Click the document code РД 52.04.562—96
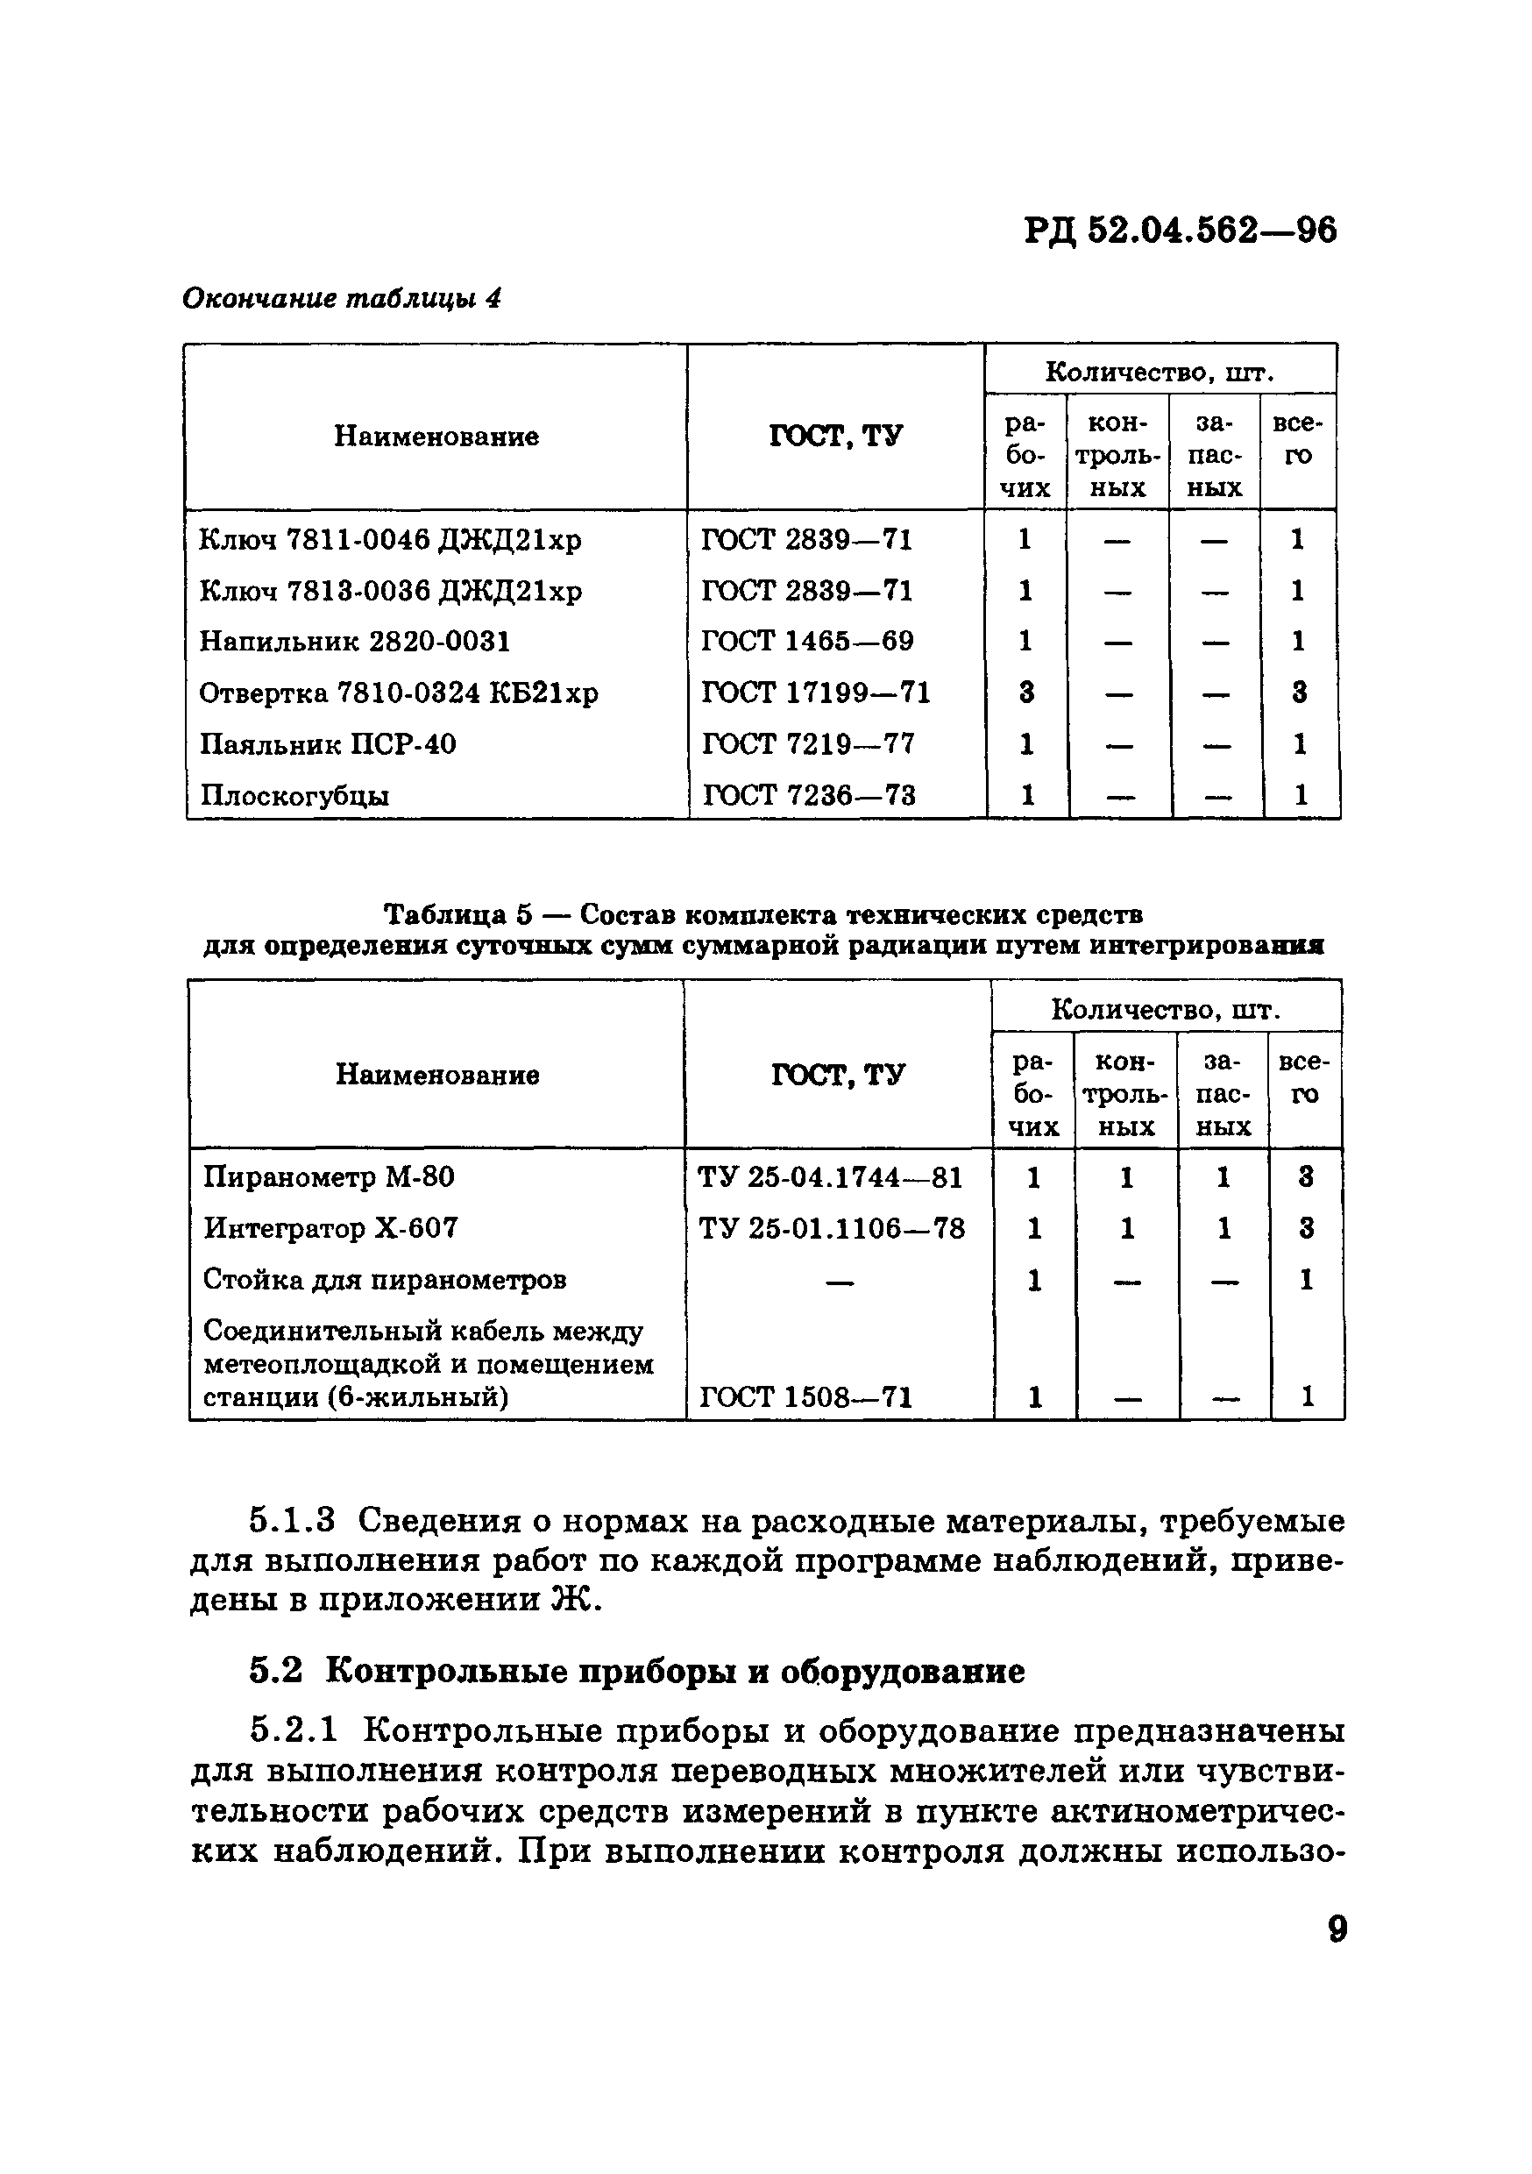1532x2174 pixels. [1180, 230]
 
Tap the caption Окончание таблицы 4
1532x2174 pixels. [341, 299]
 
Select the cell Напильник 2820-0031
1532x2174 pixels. [355, 642]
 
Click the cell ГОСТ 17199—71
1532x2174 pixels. [815, 693]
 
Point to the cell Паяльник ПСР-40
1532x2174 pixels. [328, 744]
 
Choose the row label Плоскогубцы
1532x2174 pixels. [294, 795]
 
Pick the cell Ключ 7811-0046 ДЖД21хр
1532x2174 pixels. [390, 540]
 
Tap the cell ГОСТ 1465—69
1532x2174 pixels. [806, 642]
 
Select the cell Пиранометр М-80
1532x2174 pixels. [329, 1177]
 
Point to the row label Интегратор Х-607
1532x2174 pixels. [330, 1229]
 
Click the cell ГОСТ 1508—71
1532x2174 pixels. [805, 1397]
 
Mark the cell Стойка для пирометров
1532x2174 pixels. [385, 1280]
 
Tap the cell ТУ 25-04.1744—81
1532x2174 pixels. [829, 1178]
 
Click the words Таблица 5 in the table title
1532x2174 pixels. [458, 914]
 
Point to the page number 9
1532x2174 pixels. [1337, 1929]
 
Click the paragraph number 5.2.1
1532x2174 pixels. [293, 1730]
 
